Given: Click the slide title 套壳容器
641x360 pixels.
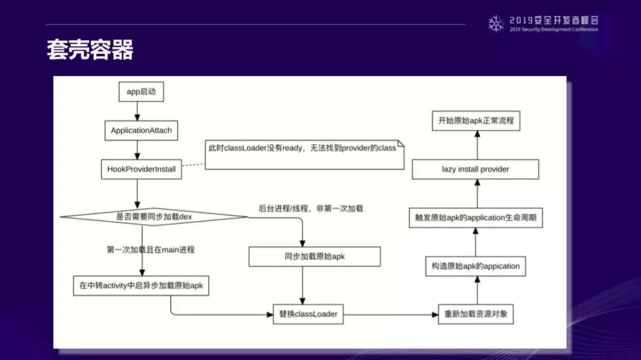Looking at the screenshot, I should [90, 50].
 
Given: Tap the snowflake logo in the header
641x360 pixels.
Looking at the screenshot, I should [496, 24].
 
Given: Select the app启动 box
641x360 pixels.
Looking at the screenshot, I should [141, 92].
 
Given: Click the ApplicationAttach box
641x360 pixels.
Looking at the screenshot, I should [141, 130].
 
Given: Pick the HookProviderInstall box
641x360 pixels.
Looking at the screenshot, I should [141, 169].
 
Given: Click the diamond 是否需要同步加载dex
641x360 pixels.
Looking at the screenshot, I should [154, 216].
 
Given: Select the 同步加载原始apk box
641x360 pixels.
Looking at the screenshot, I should [314, 257].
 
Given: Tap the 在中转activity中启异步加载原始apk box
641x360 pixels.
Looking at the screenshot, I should [141, 285].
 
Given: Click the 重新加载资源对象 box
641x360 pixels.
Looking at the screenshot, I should [475, 314].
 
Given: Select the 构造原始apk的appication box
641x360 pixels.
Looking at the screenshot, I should [475, 266].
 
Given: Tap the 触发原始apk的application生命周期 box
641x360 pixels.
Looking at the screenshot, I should [475, 218].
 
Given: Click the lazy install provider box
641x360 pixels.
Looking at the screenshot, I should [475, 169].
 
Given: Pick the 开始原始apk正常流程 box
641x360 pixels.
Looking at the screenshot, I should [475, 120].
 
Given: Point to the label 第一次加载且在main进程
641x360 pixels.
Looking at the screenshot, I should [151, 250].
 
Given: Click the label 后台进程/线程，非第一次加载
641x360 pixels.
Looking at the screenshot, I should [310, 208].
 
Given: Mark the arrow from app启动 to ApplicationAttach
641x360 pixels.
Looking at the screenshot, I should [137, 110].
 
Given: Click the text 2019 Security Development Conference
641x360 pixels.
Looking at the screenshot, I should [553, 30].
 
